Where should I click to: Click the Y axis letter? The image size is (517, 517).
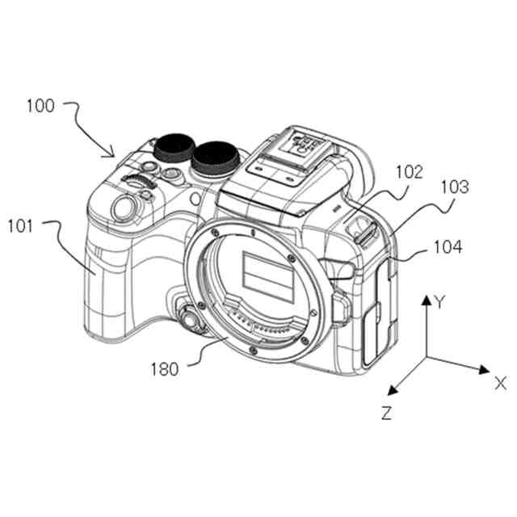(439, 303)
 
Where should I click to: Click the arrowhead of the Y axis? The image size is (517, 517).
(426, 300)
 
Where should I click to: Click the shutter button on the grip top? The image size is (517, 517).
(124, 207)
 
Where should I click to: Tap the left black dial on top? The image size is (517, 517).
(173, 147)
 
